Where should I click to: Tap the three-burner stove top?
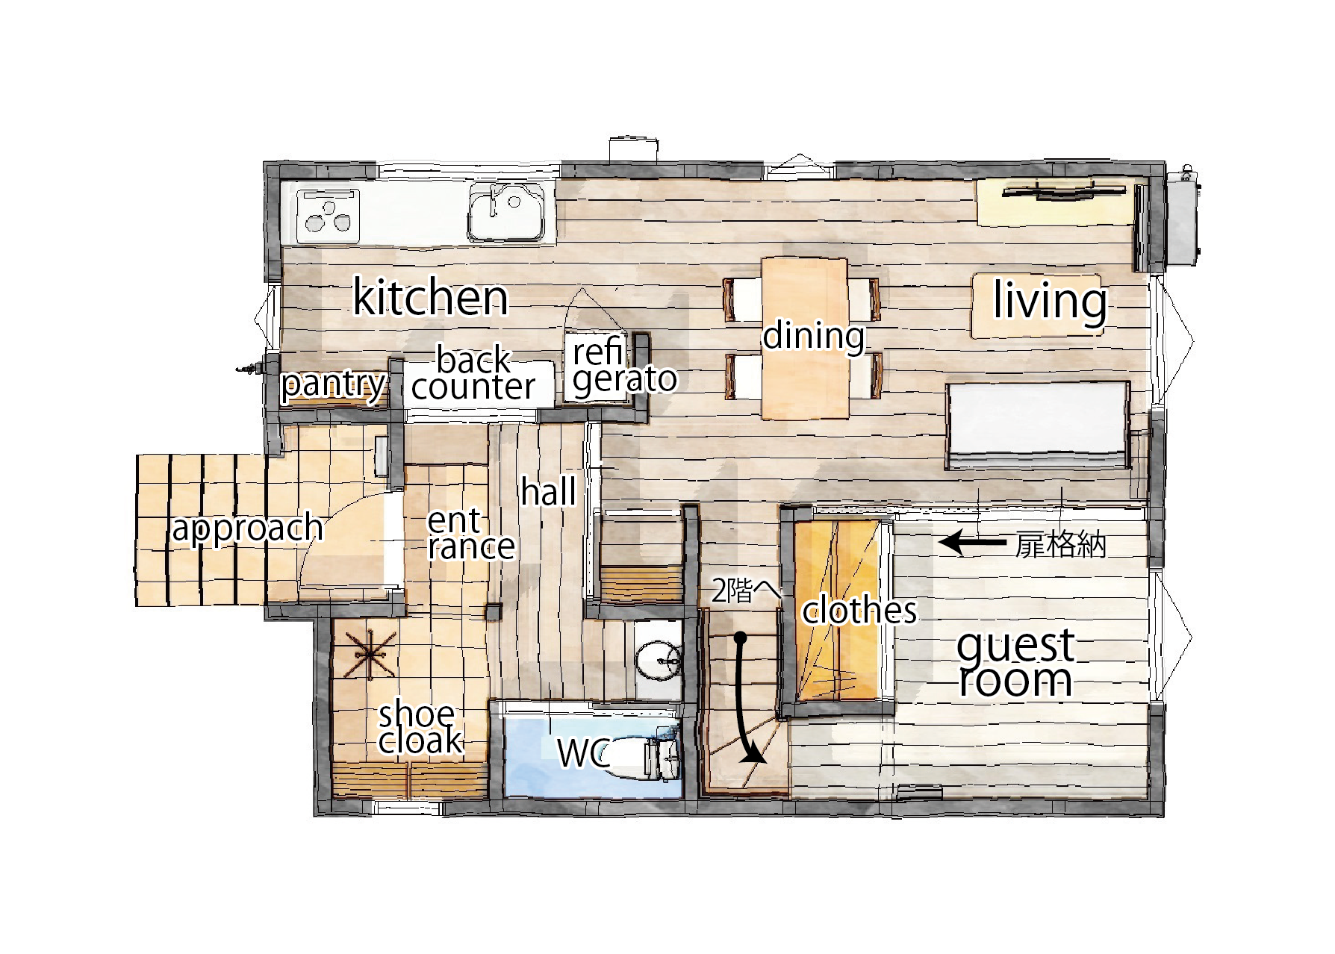[328, 216]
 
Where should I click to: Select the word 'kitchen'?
[430, 297]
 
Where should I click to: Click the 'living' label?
[1050, 302]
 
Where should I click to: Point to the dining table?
[805, 337]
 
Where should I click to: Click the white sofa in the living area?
[1037, 426]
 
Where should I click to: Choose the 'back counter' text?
[474, 373]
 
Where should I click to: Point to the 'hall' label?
[549, 492]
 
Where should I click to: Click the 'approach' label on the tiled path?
[247, 529]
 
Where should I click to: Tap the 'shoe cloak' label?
[420, 728]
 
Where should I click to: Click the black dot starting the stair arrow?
[741, 638]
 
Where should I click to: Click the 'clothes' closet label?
[859, 611]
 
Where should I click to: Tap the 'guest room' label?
[1016, 664]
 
